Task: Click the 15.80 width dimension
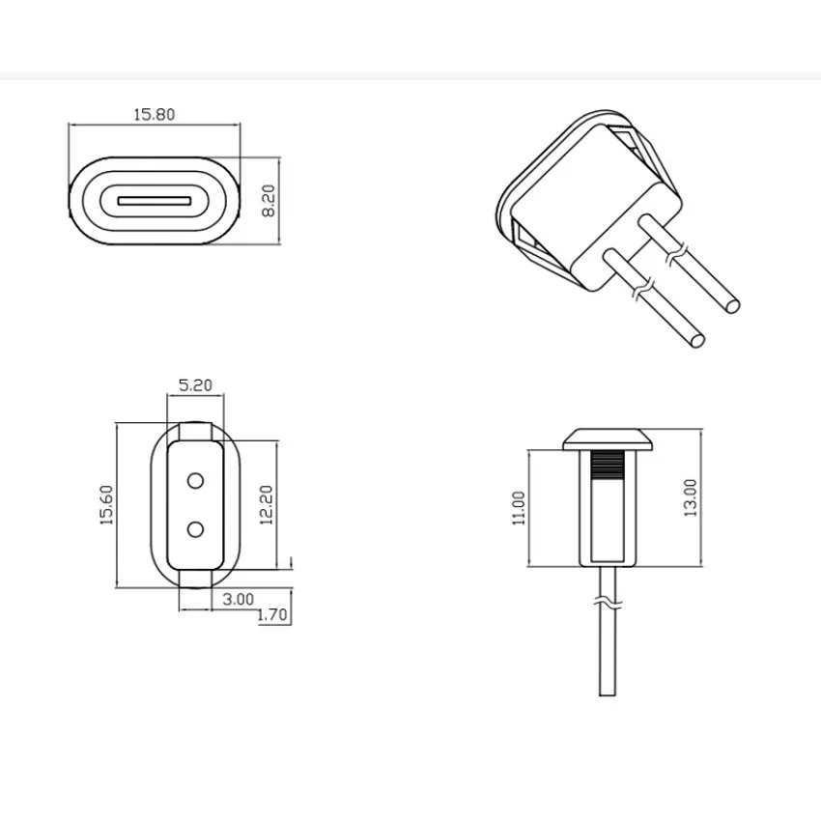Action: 154,114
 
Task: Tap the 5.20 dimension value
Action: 196,384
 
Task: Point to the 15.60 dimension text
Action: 106,504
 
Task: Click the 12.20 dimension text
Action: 268,504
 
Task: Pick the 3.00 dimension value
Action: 238,599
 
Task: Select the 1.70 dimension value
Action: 274,615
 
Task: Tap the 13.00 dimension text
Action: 690,497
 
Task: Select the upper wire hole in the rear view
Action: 196,480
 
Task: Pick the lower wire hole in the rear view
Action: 196,528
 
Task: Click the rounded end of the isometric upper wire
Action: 733,306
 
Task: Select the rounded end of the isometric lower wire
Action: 697,340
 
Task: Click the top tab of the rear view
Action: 196,430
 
